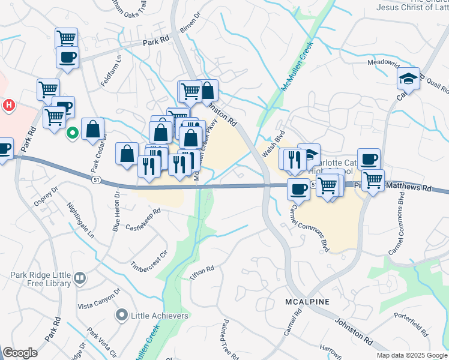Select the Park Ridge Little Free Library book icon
point(80,278)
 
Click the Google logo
point(20,353)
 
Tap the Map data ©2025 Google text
point(411,355)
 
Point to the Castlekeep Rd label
point(143,220)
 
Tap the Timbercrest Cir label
point(148,257)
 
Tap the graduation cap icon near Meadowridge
point(408,79)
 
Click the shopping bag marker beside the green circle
point(93,129)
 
